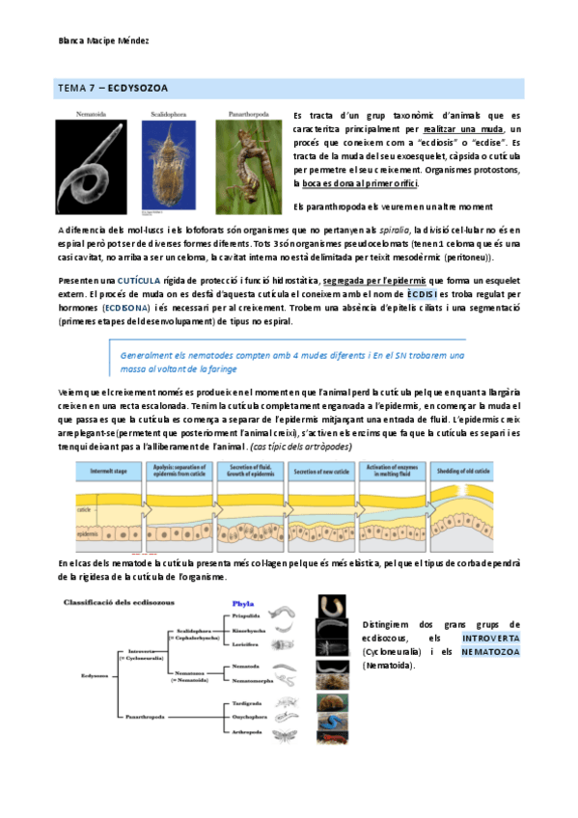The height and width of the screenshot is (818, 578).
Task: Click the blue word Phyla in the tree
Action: [243, 604]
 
